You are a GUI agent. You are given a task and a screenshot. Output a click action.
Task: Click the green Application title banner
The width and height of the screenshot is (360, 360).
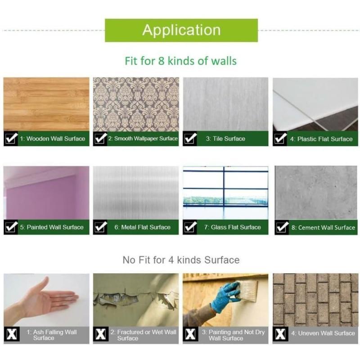[x=181, y=30]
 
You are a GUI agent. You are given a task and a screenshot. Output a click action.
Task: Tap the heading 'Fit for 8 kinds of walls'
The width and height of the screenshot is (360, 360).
[x=181, y=61]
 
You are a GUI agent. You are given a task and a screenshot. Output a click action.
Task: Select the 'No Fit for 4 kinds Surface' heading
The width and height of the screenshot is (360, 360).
[x=181, y=260]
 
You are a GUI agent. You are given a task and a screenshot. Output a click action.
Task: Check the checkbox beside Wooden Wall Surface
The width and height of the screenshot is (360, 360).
[x=11, y=139]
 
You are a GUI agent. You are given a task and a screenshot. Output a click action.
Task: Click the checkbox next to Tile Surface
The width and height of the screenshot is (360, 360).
[x=190, y=139]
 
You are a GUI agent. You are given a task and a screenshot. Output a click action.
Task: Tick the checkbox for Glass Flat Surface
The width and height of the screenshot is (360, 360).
[x=190, y=227]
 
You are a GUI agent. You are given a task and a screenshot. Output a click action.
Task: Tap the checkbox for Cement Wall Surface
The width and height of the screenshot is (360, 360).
[x=282, y=228]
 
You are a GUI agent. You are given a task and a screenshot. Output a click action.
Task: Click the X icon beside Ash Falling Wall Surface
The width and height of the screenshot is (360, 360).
[x=12, y=334]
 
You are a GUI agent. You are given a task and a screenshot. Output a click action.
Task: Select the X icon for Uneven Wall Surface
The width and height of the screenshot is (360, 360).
[x=280, y=334]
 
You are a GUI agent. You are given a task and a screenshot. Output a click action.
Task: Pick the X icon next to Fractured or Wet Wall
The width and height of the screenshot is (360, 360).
[x=100, y=334]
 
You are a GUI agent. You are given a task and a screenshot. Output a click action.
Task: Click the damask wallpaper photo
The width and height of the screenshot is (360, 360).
[x=136, y=104]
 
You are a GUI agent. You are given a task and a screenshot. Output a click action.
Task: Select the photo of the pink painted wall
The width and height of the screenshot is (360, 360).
[x=46, y=193]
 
